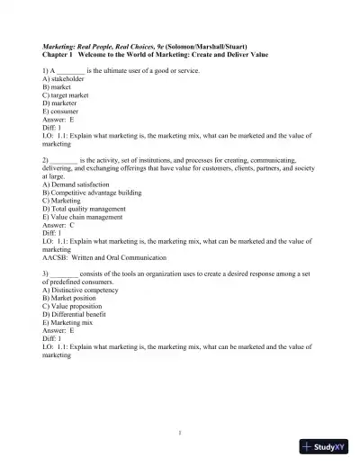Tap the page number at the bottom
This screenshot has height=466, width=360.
[x=180, y=432]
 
